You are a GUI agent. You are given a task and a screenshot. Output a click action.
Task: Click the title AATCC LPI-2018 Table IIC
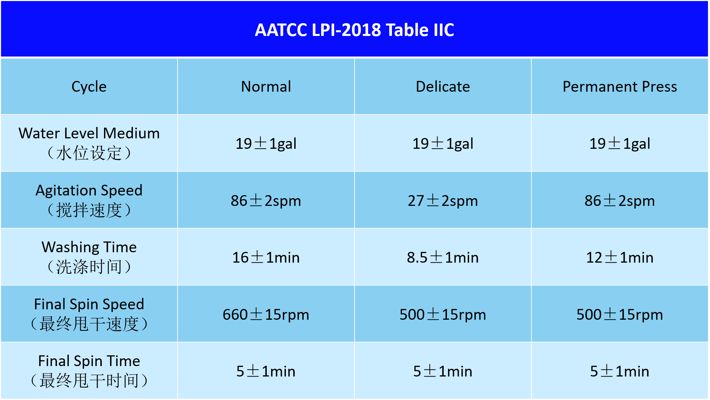354,30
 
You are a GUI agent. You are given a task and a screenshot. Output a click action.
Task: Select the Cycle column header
89,87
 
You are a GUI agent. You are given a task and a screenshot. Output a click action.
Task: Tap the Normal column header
266,87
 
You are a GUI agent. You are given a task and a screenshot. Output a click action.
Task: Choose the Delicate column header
443,87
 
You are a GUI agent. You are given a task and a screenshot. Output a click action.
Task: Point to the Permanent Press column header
620,87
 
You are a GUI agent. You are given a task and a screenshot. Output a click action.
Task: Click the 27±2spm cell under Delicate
443,201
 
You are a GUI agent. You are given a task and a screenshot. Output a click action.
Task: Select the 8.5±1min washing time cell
443,258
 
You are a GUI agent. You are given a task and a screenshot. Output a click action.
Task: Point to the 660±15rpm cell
266,315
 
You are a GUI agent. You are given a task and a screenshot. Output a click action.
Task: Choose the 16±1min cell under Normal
266,258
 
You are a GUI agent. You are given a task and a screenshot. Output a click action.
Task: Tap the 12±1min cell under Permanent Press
620,258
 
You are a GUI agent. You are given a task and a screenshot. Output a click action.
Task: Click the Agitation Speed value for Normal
266,201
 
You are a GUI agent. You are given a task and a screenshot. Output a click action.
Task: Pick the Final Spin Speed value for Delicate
443,315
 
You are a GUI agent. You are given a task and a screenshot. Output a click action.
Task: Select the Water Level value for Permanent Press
620,144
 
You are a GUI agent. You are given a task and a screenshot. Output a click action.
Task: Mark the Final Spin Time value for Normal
266,371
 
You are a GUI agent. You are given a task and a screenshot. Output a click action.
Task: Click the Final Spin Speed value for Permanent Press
620,315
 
